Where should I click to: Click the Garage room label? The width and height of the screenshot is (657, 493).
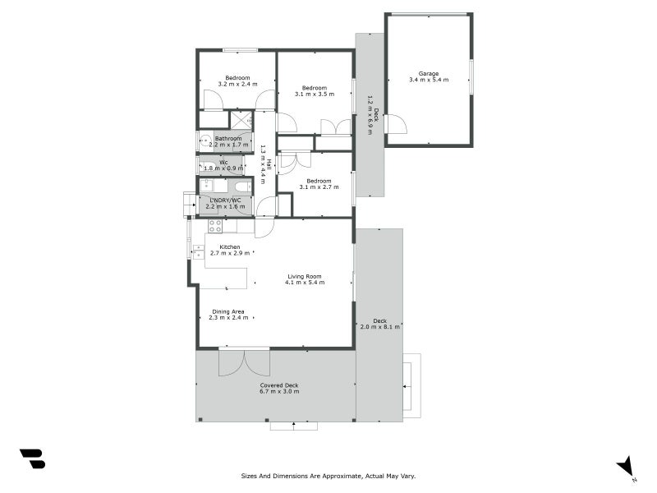429,72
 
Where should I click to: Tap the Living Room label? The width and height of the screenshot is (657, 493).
304,276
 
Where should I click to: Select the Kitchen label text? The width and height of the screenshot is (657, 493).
229,246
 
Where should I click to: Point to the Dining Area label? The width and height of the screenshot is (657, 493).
228,311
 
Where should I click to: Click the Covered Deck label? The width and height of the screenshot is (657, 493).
279,385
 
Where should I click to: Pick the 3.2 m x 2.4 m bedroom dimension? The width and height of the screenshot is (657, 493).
237,85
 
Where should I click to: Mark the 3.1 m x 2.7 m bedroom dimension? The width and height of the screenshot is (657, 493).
317,187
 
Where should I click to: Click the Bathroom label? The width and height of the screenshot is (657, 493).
228,139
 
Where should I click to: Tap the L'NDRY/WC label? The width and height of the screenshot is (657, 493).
227,200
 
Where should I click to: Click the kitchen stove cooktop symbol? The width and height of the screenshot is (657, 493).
215,225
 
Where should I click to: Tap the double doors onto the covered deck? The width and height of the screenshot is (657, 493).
243,362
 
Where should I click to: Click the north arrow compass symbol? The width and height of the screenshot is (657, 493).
627,466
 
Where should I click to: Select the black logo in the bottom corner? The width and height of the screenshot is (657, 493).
32,458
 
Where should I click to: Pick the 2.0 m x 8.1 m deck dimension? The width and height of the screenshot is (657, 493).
379,326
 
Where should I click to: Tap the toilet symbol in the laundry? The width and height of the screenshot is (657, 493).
241,187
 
